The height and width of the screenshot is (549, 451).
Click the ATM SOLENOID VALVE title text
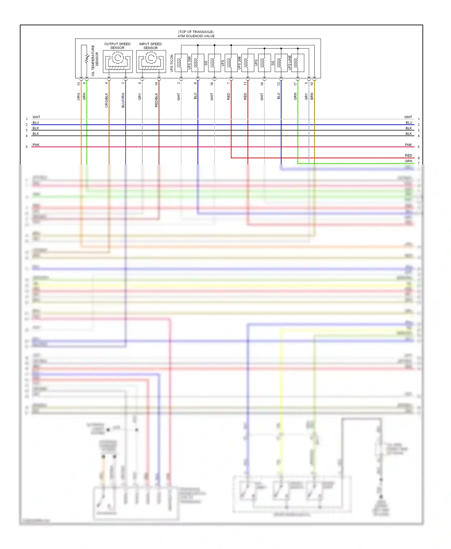click(196, 36)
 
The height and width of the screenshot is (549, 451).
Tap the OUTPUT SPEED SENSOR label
click(117, 46)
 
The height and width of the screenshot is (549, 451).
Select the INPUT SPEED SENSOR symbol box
click(151, 61)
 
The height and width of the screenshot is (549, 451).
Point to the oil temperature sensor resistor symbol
click(87, 59)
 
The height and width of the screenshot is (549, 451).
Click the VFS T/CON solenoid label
click(172, 63)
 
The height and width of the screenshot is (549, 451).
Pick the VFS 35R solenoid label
click(189, 63)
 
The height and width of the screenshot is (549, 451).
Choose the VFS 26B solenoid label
click(239, 63)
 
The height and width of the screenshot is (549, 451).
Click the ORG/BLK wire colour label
click(106, 100)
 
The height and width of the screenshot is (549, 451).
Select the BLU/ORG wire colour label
click(123, 100)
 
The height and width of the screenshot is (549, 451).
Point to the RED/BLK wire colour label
click(156, 100)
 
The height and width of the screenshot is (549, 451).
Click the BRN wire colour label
click(312, 96)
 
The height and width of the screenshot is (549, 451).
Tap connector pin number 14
click(156, 83)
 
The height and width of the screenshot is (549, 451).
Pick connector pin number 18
click(212, 83)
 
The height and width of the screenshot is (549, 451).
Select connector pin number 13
click(79, 83)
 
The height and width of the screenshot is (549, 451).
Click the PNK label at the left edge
click(36, 145)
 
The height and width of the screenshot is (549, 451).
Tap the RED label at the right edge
click(408, 156)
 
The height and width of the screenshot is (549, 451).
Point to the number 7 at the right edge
click(419, 164)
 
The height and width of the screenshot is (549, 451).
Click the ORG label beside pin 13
click(79, 96)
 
